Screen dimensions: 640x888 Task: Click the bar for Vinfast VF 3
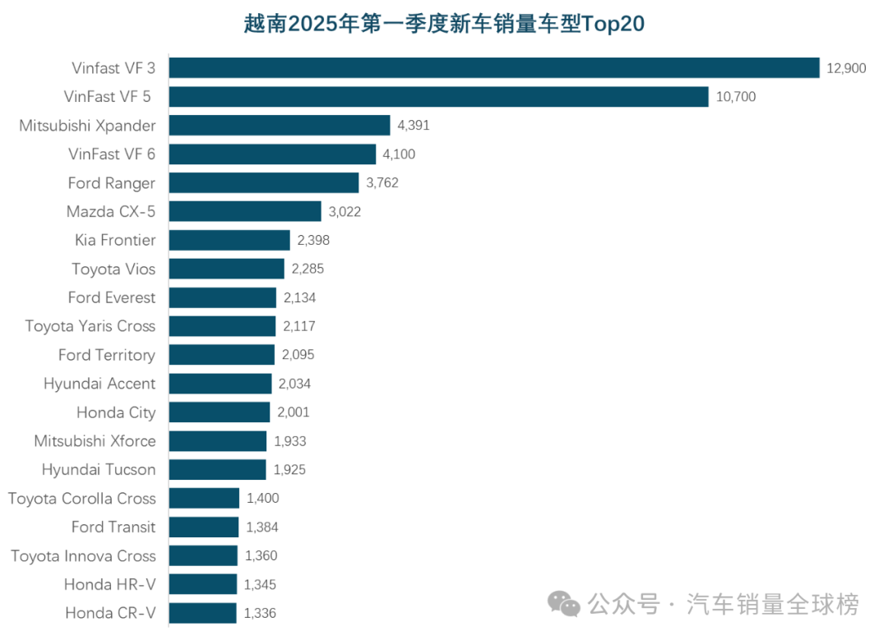pos(494,68)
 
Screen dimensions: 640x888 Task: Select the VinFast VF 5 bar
pos(438,97)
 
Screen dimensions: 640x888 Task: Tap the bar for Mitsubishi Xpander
pos(280,126)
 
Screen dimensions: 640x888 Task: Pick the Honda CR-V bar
pos(202,613)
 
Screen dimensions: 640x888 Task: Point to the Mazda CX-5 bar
pos(245,211)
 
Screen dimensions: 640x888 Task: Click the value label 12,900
pos(846,68)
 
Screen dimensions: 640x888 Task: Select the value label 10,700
pos(736,97)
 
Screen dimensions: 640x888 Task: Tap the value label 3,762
pos(382,183)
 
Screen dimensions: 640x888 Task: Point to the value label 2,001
pos(294,412)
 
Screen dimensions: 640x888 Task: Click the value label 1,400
pos(263,499)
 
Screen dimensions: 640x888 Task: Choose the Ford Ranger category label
pos(112,182)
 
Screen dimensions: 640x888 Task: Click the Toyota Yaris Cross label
pos(90,326)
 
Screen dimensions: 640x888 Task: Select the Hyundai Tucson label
pos(99,470)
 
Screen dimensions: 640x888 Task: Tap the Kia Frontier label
pos(115,240)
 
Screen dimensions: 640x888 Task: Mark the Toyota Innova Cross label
pos(83,556)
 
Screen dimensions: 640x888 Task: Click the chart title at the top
pos(444,24)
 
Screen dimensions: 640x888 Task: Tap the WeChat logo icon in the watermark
pos(564,605)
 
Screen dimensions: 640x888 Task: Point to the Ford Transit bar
pos(204,527)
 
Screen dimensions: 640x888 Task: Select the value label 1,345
pos(261,585)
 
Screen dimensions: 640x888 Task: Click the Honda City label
pos(116,412)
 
